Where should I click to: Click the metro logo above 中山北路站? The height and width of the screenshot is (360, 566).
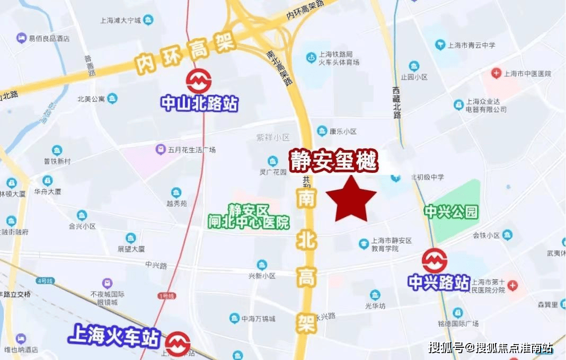pyautogui.click(x=199, y=82)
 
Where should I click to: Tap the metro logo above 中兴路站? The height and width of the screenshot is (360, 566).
pyautogui.click(x=435, y=261)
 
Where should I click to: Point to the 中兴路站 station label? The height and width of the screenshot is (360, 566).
pyautogui.click(x=439, y=282)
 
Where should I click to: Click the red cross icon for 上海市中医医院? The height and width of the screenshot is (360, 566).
pyautogui.click(x=496, y=73)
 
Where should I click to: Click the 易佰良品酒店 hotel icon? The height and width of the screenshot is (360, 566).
pyautogui.click(x=21, y=38)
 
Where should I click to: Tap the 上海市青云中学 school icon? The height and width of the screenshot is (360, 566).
pyautogui.click(x=439, y=45)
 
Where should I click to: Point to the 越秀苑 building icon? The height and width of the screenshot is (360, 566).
pyautogui.click(x=176, y=192)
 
